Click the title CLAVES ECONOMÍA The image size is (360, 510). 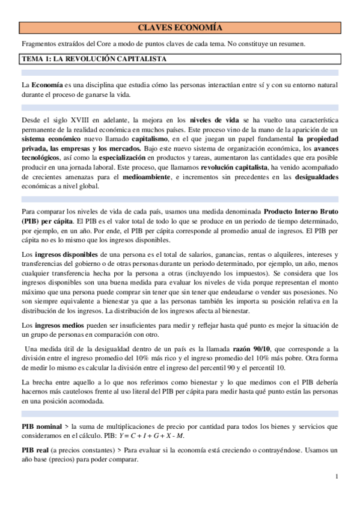coord(180,28)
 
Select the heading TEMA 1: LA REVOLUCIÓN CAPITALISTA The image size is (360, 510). coord(94,59)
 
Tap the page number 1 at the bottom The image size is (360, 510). coord(338,477)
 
